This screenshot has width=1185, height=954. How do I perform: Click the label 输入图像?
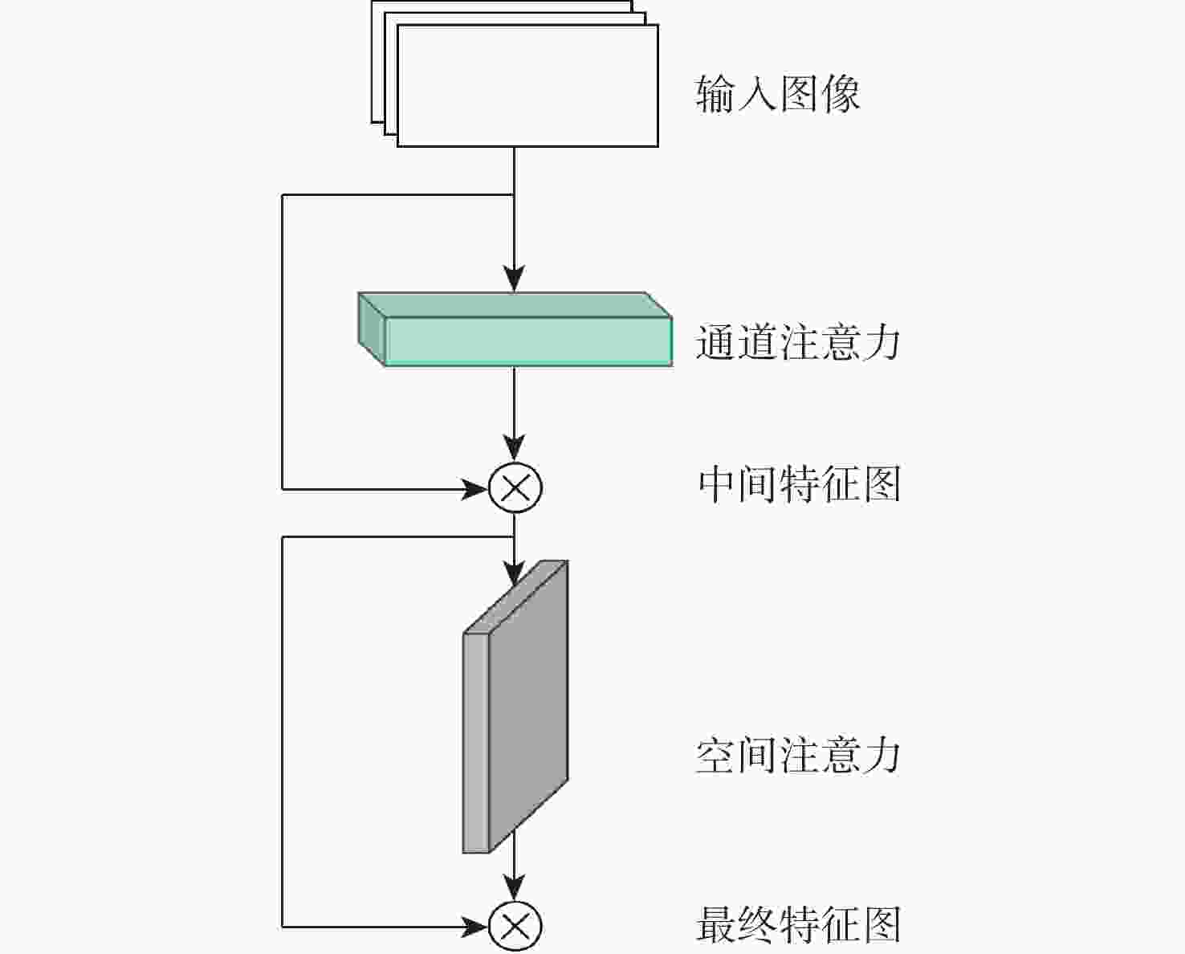(777, 94)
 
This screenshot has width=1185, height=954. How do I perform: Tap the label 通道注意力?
(798, 342)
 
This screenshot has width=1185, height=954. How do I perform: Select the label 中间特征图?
(800, 484)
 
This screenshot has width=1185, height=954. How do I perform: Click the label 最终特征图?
(799, 925)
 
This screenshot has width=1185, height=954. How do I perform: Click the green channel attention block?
(515, 329)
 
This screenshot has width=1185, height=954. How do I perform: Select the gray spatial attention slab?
(515, 707)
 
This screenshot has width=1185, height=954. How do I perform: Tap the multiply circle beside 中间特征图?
(515, 488)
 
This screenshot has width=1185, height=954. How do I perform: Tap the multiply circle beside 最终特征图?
(515, 927)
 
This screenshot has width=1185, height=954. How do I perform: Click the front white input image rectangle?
(527, 86)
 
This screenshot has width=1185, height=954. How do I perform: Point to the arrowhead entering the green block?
(515, 279)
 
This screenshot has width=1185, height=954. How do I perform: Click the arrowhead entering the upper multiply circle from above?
(515, 448)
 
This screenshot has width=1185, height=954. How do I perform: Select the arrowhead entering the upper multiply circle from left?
(474, 489)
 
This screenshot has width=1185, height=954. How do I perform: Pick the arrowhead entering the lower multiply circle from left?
(474, 927)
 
